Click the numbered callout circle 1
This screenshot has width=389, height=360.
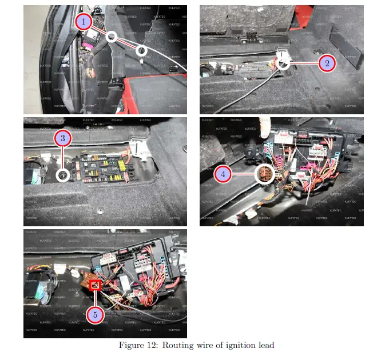point(85,22)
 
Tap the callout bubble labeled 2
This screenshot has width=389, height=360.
point(327,63)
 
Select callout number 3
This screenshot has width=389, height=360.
point(63,138)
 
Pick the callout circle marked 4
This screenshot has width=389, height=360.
point(224,174)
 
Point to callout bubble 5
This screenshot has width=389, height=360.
point(96,314)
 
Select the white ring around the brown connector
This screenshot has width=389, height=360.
point(264,174)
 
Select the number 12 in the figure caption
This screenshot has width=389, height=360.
point(151,345)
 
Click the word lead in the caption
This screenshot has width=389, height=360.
point(265,345)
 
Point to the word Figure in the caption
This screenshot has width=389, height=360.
point(131,345)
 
